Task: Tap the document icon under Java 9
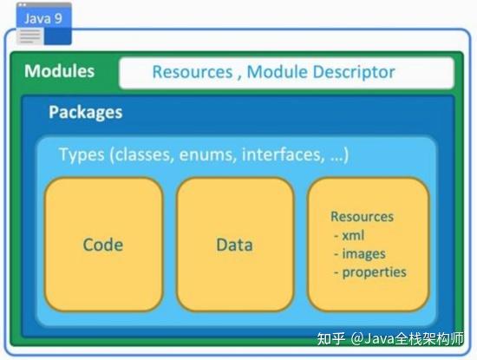[29, 36]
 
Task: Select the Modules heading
[59, 71]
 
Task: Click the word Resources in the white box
[192, 72]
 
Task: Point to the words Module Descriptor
[321, 72]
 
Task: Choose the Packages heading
[85, 112]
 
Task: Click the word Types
[81, 154]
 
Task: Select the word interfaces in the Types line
[278, 154]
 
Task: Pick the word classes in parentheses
[149, 154]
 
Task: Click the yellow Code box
[103, 244]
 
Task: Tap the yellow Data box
[234, 244]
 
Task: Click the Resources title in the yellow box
[362, 217]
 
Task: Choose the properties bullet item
[374, 272]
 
